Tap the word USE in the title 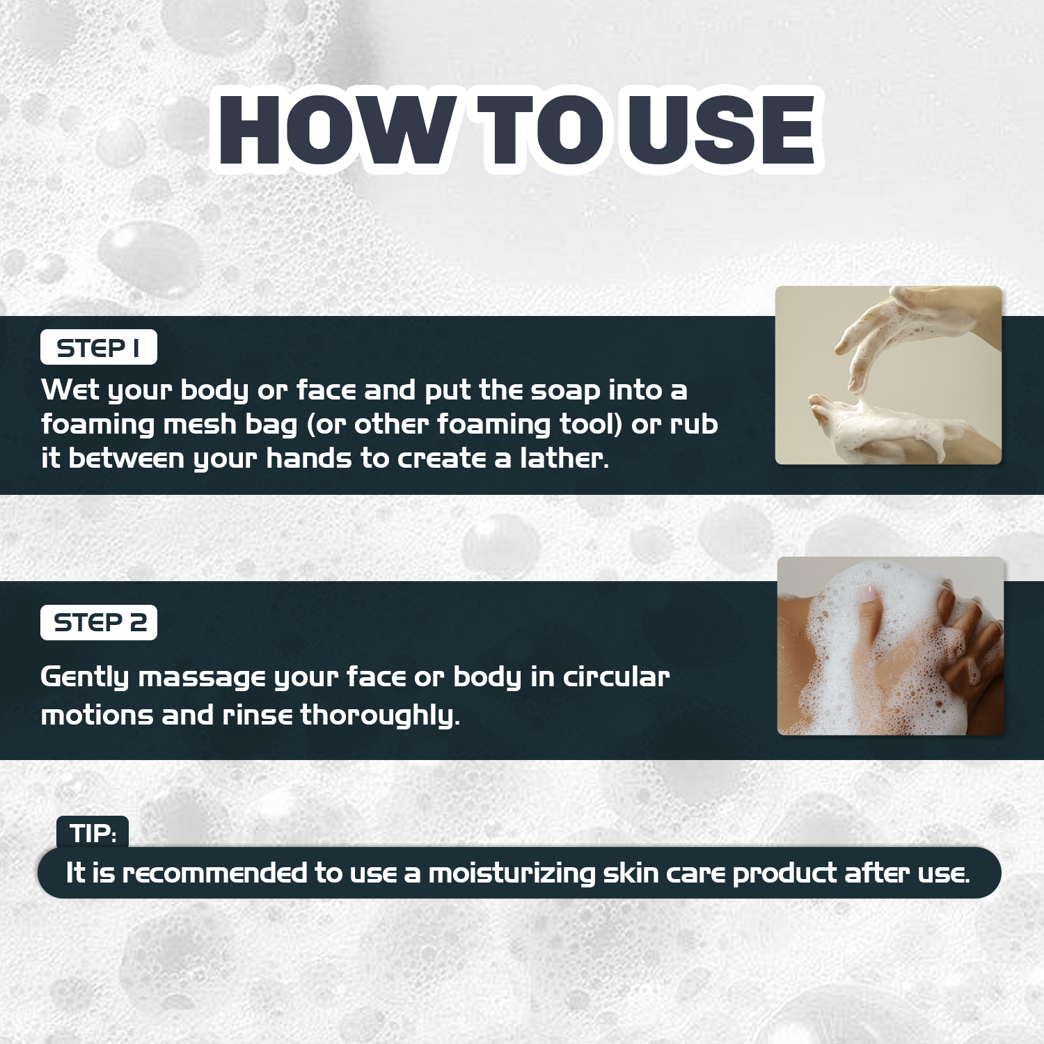coord(720,130)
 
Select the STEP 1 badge coord(99,347)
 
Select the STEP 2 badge coord(99,622)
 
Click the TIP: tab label coord(93,832)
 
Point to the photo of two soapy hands coord(888,375)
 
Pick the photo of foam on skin coord(891,646)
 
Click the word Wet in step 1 coord(70,390)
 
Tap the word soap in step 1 coord(565,391)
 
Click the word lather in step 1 coord(564,458)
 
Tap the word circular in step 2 coord(616,677)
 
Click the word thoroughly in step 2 coord(380,715)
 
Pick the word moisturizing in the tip coord(512,873)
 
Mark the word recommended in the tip coord(214,873)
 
